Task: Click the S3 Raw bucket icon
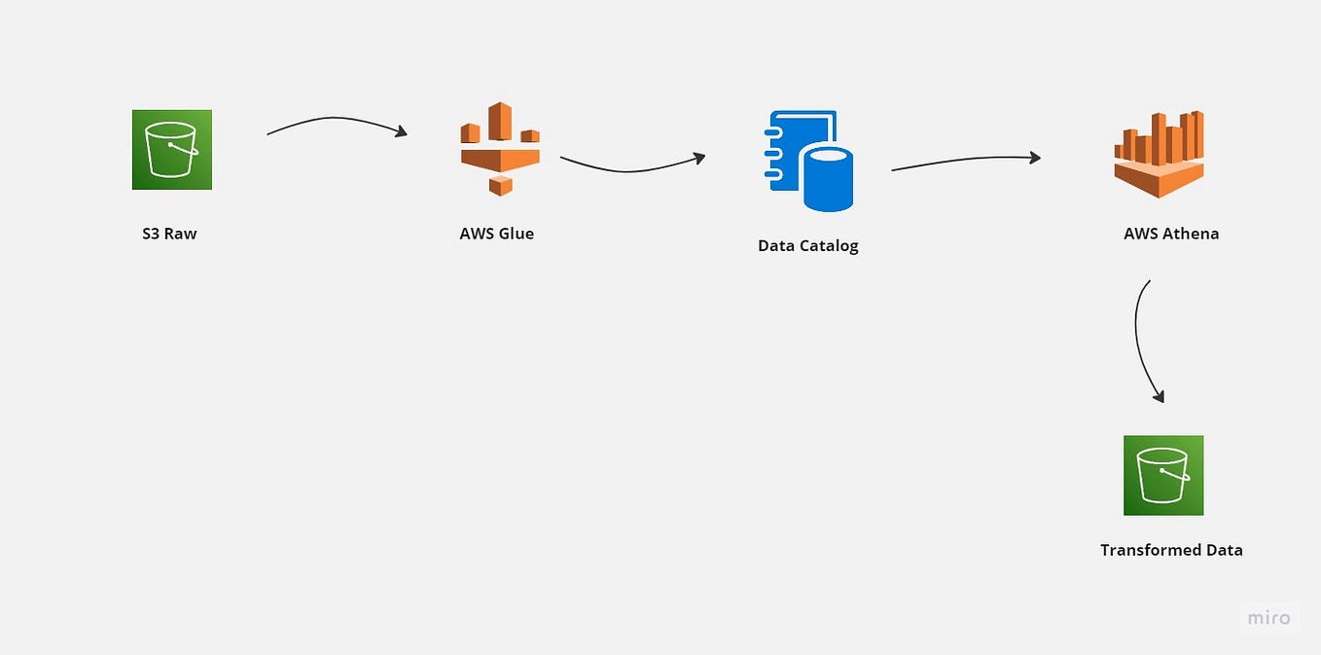point(172,149)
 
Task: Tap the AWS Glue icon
point(500,149)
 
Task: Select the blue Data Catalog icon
point(809,161)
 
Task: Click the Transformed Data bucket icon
point(1163,475)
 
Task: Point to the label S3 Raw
point(169,234)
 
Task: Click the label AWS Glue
point(496,234)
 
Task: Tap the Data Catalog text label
point(807,245)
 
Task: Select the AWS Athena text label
point(1170,234)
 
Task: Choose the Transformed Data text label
point(1171,550)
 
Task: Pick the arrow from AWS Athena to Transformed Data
point(1138,341)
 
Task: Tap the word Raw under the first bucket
point(181,234)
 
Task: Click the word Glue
point(516,234)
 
